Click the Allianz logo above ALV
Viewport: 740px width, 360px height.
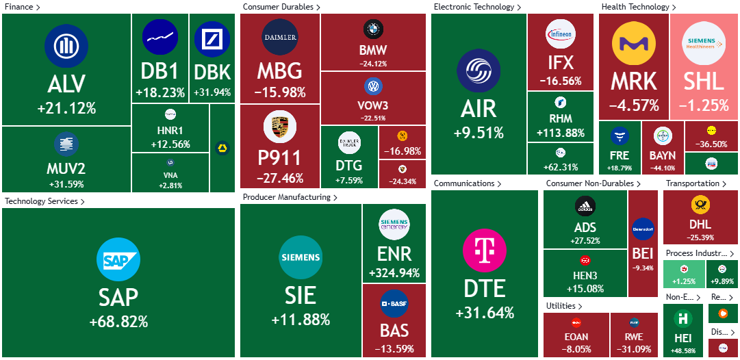[66, 47]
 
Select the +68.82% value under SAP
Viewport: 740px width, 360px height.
[118, 322]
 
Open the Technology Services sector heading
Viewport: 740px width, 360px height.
[42, 201]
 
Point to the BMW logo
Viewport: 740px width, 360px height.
[373, 29]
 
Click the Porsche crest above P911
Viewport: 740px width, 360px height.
[280, 129]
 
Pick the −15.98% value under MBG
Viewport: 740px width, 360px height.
[280, 92]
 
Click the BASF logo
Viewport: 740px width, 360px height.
[394, 303]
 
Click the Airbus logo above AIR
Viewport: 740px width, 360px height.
[478, 72]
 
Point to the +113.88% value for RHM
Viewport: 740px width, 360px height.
[561, 133]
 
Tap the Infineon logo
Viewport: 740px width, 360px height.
[561, 34]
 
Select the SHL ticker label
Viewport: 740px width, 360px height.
[703, 81]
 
